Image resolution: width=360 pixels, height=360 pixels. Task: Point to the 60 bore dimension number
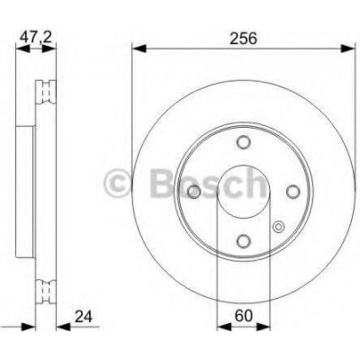(243, 316)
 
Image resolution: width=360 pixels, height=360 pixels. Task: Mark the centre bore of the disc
(244, 190)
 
